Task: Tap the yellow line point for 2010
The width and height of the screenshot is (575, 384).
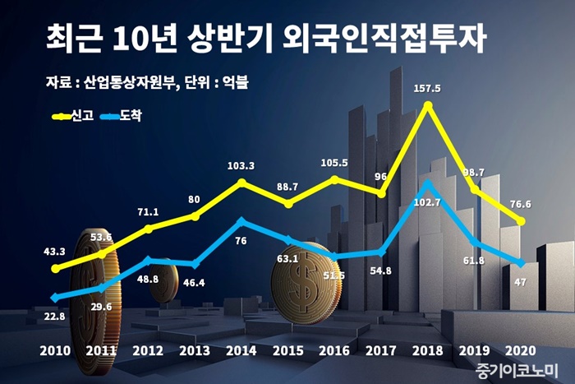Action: pos(55,268)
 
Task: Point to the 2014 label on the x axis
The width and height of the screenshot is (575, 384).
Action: pos(241,349)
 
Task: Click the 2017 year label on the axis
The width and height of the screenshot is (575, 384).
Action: pos(381,349)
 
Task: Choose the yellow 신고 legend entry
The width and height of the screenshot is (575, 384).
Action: pos(72,117)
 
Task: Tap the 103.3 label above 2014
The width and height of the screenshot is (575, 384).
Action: pos(241,166)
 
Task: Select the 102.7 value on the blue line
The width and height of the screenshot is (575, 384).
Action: pos(427,202)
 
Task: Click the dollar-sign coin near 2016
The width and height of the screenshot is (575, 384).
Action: pos(305,287)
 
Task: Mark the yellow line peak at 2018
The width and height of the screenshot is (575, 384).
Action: pos(427,104)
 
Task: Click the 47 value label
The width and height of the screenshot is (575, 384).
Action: pos(520,281)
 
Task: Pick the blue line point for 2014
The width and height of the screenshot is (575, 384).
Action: pos(241,220)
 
